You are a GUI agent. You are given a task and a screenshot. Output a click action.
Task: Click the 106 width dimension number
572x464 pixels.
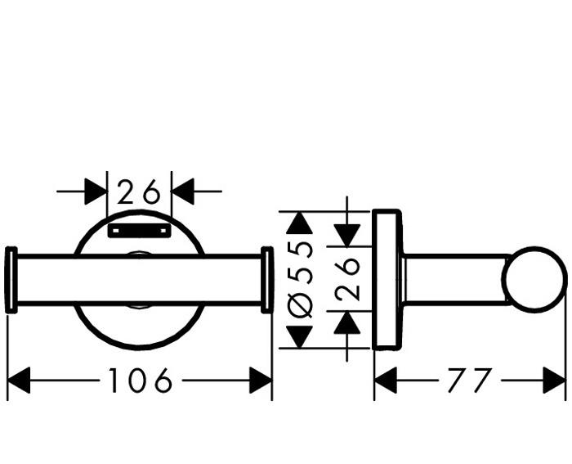(141, 380)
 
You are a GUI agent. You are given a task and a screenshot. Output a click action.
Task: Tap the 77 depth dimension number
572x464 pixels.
(470, 380)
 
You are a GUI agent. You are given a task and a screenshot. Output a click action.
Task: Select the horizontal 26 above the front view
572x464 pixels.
(139, 192)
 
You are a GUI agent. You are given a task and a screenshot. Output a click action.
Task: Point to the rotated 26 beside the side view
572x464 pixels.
(347, 278)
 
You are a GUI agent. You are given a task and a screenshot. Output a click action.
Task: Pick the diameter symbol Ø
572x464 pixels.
(302, 304)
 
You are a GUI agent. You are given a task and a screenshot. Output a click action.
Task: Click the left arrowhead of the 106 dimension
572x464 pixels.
(18, 380)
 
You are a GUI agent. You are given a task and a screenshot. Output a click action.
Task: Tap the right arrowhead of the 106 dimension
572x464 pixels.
(261, 380)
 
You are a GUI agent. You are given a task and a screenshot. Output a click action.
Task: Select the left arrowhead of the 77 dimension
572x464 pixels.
(385, 380)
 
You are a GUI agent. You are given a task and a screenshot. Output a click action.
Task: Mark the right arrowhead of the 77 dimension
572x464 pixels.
(555, 380)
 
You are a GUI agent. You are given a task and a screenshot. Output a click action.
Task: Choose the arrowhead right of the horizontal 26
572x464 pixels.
(181, 192)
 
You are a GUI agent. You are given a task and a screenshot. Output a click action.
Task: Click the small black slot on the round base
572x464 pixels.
(139, 231)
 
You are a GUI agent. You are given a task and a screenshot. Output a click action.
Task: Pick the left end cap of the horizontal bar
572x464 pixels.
(11, 280)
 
